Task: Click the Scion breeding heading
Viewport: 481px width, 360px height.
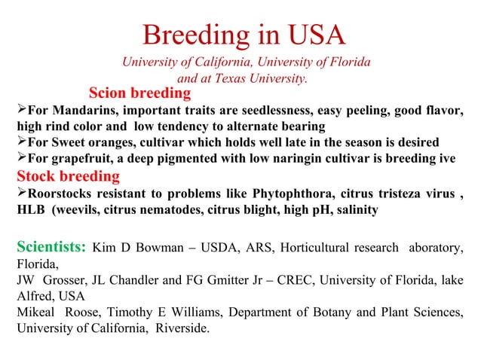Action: [x=139, y=94]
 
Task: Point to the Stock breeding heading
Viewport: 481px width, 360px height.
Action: [x=68, y=177]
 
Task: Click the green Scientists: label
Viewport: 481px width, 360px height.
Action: [x=52, y=248]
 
